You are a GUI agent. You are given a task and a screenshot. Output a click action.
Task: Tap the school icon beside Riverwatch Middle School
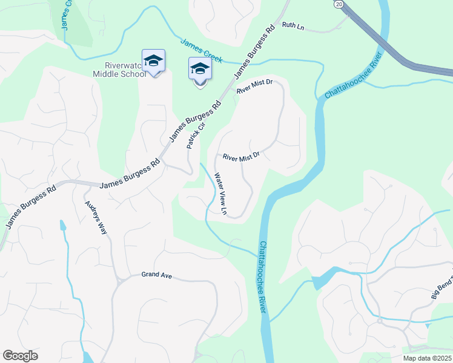click(154, 60)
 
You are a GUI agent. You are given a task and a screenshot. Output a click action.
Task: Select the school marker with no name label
click(200, 70)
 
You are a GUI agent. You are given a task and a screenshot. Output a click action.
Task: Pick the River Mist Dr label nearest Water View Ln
click(241, 157)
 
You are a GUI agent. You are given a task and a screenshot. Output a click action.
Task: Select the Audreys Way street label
click(96, 216)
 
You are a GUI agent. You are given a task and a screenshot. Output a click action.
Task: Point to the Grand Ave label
click(157, 275)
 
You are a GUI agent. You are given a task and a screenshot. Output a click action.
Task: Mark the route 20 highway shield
click(339, 4)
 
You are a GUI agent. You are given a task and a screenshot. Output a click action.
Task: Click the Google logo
click(20, 356)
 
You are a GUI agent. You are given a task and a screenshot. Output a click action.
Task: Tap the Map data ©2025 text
click(428, 358)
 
